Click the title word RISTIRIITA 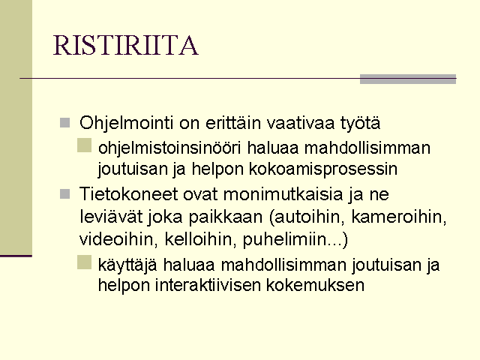click(126, 45)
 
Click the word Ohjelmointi click(127, 124)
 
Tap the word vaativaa click(300, 123)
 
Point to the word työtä click(360, 124)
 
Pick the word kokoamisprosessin click(323, 169)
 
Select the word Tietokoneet click(128, 194)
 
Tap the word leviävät click(111, 217)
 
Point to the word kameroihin click(398, 217)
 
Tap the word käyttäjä click(127, 265)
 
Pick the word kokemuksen click(315, 285)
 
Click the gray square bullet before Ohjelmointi click(65, 123)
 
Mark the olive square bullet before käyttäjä click(85, 262)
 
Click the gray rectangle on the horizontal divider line click(408, 79)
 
